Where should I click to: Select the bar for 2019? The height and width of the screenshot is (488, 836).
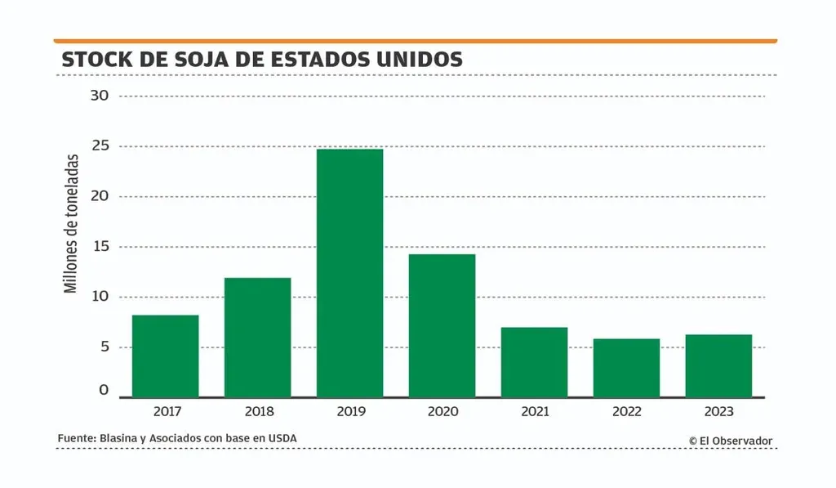(x=349, y=273)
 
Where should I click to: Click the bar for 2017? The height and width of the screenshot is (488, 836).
(x=165, y=356)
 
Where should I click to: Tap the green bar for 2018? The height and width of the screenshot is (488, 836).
(x=257, y=338)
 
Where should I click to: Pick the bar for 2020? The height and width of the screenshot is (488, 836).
(x=442, y=326)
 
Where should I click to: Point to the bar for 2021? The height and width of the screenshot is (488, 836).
(x=534, y=362)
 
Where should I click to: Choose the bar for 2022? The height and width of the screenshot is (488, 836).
(x=626, y=368)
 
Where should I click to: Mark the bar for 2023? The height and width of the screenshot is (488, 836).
(x=718, y=365)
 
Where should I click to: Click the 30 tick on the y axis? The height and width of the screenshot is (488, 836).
(x=100, y=96)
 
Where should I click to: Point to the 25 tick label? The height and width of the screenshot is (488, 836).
(x=100, y=146)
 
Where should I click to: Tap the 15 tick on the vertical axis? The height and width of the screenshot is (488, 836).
(x=100, y=247)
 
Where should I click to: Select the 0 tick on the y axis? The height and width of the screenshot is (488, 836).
(x=104, y=391)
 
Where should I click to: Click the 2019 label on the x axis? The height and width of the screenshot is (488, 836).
(x=350, y=411)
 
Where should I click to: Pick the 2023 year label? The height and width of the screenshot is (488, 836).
(x=718, y=411)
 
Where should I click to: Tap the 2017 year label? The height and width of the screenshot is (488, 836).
(x=166, y=411)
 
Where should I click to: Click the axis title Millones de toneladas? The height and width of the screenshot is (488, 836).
(x=71, y=223)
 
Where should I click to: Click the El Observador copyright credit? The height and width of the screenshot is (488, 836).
(x=731, y=441)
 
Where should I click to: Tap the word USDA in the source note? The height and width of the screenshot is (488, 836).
(x=282, y=439)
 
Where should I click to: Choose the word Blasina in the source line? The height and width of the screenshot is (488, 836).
(x=118, y=439)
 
